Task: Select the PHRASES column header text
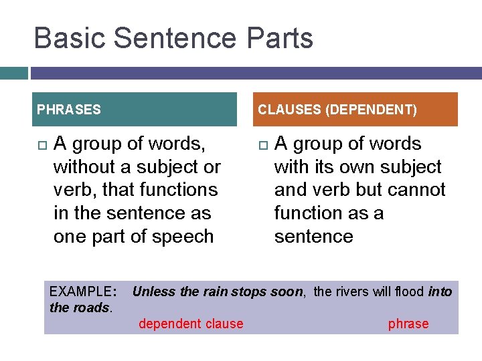(x=69, y=110)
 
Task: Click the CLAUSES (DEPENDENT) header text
(x=337, y=110)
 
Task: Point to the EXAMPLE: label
(x=83, y=291)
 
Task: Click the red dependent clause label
(x=191, y=324)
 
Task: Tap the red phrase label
(x=408, y=324)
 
